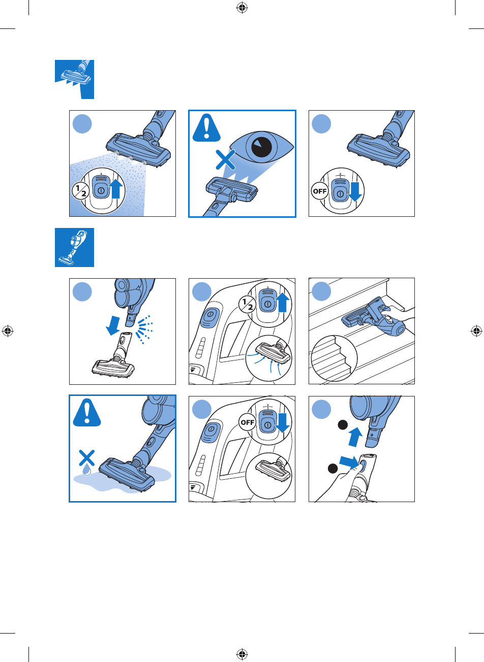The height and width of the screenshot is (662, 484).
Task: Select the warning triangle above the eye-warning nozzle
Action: (x=207, y=128)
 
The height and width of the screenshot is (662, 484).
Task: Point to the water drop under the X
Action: (x=87, y=471)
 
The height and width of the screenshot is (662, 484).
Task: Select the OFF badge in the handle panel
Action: (x=248, y=422)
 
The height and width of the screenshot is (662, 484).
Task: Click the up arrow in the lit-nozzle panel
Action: (x=116, y=188)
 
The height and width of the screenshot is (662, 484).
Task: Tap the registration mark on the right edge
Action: (x=476, y=331)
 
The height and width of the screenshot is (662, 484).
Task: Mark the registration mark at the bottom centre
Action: (x=241, y=654)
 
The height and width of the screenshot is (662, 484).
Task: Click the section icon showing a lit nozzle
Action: (x=74, y=79)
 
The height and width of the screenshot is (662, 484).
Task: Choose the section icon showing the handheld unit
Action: (x=74, y=247)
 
